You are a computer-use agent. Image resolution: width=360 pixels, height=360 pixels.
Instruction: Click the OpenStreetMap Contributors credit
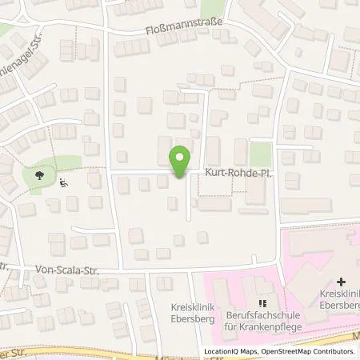tap(309, 351)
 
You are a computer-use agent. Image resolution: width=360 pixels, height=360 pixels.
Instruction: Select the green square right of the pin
tap(261, 154)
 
